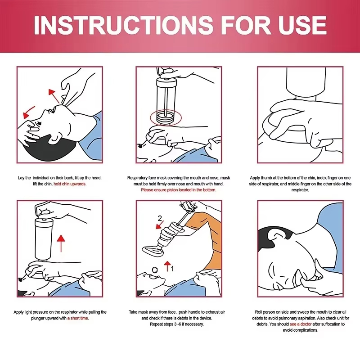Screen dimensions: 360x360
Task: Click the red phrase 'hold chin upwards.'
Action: [70, 184]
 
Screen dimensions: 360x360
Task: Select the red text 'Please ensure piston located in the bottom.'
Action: [179, 190]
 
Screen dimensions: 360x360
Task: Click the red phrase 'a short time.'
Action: [78, 318]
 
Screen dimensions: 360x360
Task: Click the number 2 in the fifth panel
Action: [159, 219]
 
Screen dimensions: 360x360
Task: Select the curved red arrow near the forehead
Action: [29, 110]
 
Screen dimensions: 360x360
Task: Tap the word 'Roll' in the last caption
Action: [260, 312]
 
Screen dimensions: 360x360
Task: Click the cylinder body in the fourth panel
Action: [45, 241]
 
